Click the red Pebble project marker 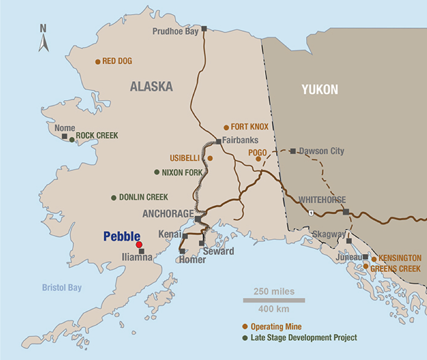coord(139,245)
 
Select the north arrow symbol coord(43,39)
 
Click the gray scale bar coord(274,300)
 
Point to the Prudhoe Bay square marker coord(204,28)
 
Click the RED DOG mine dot coord(98,62)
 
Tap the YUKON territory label coord(320,89)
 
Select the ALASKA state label coord(151,86)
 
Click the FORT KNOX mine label coord(250,127)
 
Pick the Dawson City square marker coord(293,151)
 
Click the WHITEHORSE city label coord(322,200)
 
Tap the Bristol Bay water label coord(62,288)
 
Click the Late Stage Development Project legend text coord(304,338)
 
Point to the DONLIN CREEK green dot coord(113,198)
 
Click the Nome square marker coord(65,136)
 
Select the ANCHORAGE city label coord(168,214)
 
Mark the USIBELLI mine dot coord(210,158)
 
